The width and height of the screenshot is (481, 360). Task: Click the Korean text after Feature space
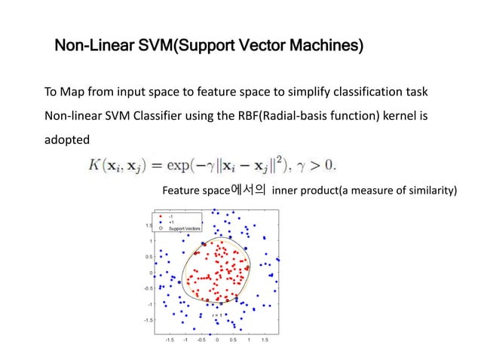tap(248, 189)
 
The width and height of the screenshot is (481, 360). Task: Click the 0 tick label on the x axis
tap(217, 340)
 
